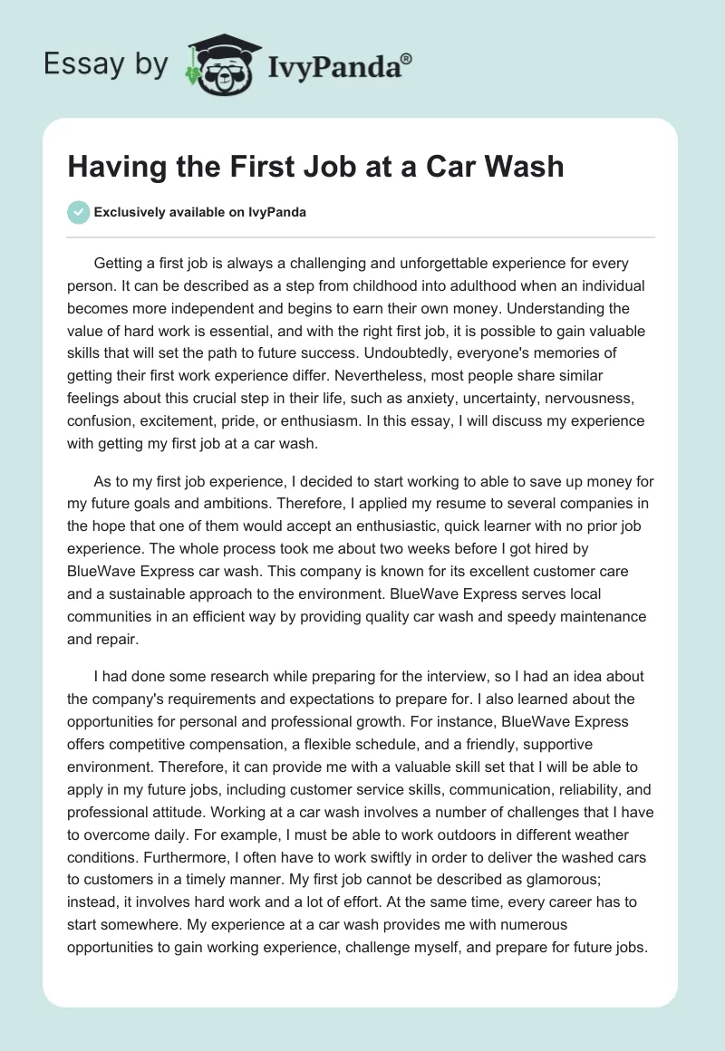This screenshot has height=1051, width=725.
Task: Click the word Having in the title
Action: pos(112,167)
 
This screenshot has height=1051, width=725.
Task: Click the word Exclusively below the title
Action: pos(131,213)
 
